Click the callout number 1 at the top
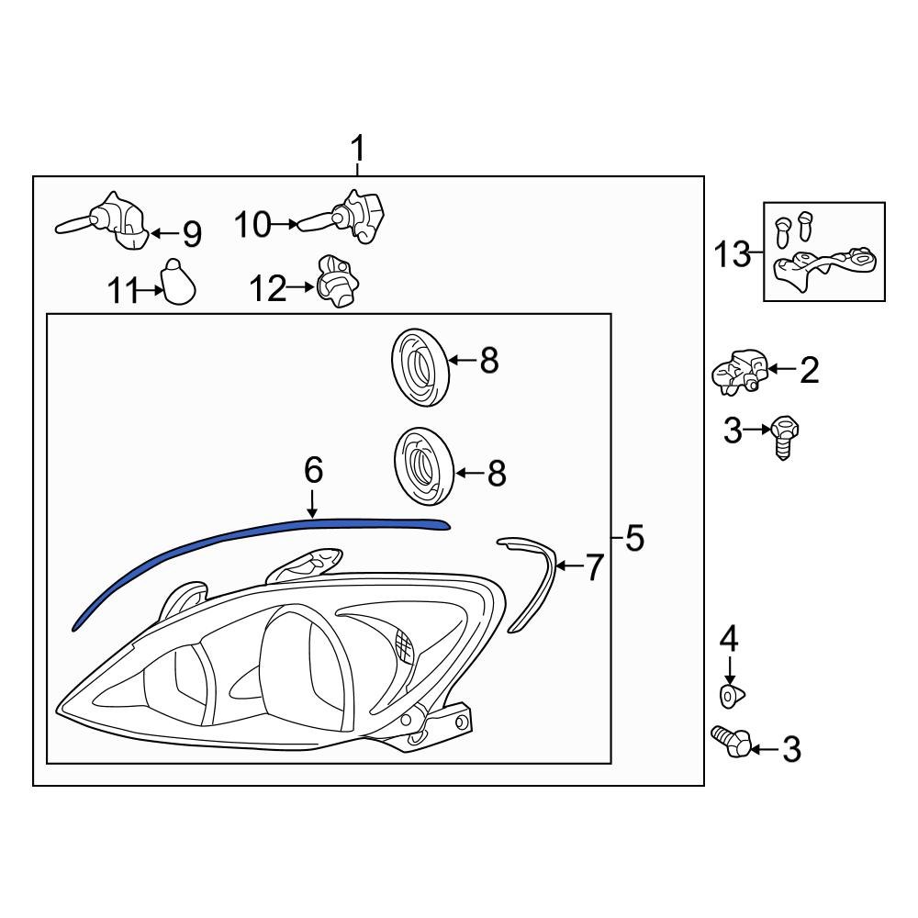[x=358, y=148]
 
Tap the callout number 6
[x=313, y=471]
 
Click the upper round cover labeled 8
[x=420, y=364]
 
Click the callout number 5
[x=633, y=539]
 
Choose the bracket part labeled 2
[x=740, y=370]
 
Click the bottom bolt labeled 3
[x=732, y=741]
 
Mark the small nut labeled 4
[x=731, y=696]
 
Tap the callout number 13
[x=733, y=254]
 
